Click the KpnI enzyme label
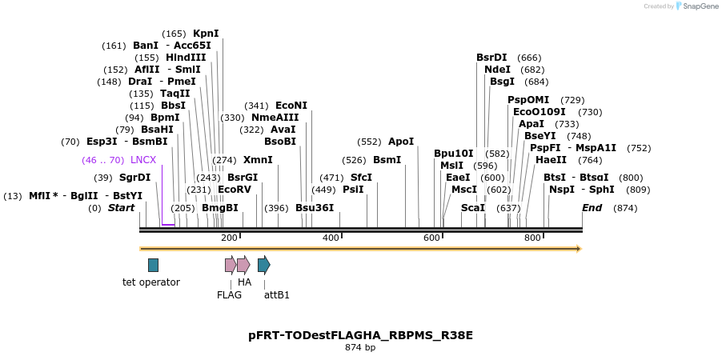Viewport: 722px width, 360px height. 206,34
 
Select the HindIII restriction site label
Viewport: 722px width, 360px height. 186,58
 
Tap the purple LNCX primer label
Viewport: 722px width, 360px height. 143,160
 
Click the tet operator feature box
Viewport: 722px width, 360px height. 153,265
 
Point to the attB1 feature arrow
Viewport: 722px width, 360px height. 263,265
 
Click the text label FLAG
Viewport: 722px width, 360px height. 229,294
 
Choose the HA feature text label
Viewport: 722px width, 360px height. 244,282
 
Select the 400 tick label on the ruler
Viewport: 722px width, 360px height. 331,238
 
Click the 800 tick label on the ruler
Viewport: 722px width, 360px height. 532,238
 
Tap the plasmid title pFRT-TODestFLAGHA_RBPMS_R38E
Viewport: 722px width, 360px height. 360,335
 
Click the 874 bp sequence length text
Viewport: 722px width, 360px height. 360,348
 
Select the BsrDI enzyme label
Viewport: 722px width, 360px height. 491,58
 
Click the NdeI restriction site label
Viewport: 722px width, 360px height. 497,70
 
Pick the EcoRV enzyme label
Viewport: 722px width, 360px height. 235,190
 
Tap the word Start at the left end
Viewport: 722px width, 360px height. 121,208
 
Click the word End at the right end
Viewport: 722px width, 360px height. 592,208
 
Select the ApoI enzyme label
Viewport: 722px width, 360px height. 401,142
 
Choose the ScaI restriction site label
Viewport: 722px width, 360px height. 473,208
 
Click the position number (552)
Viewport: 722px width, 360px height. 369,142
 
